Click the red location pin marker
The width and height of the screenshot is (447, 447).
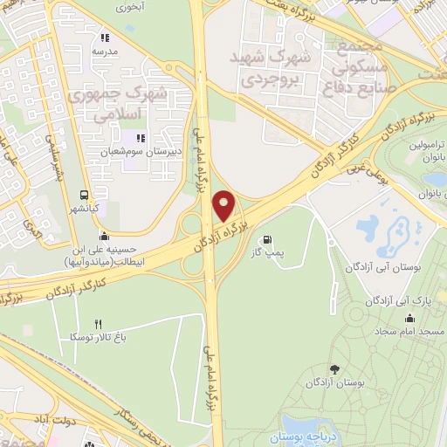224,206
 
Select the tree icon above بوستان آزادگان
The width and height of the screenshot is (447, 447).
336,369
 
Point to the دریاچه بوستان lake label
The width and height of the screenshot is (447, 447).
305,437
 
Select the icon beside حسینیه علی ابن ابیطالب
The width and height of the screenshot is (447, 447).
105,236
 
